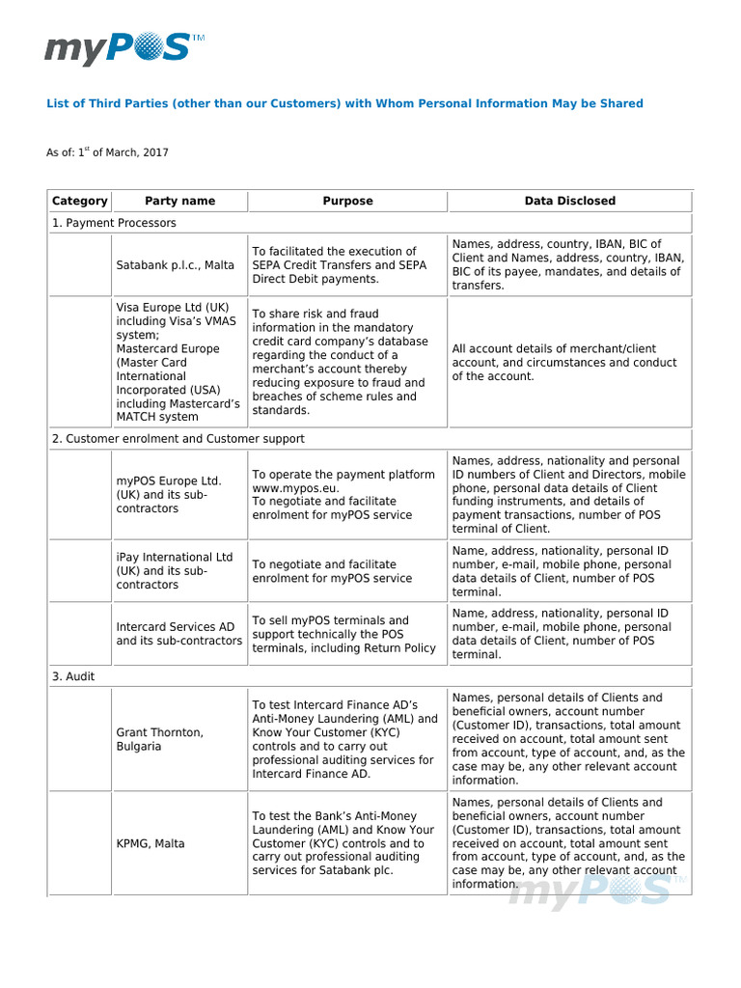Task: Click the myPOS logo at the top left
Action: [x=124, y=47]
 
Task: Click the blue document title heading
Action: [x=344, y=103]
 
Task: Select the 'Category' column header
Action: [x=80, y=201]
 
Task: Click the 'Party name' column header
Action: [x=179, y=201]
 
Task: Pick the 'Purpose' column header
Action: [x=347, y=201]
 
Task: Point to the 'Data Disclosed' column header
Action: [x=569, y=201]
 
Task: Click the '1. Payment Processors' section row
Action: [x=114, y=223]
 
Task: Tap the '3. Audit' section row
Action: [x=73, y=677]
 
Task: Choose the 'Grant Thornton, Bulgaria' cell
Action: [x=160, y=739]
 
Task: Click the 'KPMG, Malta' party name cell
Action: [x=151, y=843]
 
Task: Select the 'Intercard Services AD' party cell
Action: [x=178, y=634]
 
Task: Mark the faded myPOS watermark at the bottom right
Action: [x=598, y=890]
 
